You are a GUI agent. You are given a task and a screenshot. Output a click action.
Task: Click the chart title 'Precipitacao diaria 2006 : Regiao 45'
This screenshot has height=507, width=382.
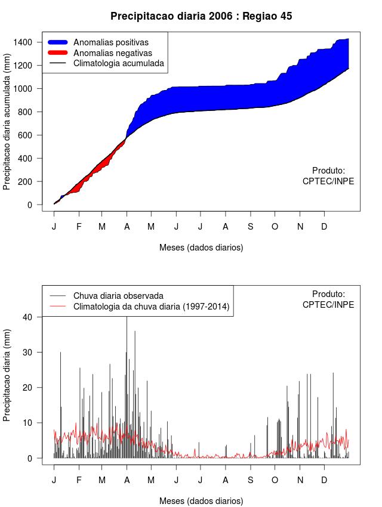tap(201, 16)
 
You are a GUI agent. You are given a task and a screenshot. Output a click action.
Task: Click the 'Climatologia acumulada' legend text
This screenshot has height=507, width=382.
tap(118, 63)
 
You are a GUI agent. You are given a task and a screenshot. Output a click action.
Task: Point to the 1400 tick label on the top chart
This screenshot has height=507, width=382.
tap(29, 42)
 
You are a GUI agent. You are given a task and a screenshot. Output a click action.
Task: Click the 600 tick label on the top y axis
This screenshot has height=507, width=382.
tap(31, 135)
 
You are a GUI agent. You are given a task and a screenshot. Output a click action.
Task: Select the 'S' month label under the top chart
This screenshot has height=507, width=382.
tap(251, 227)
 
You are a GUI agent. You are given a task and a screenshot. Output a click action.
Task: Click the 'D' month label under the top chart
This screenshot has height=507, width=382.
tap(324, 227)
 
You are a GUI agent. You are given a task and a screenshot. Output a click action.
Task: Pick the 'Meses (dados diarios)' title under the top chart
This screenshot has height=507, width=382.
tap(201, 247)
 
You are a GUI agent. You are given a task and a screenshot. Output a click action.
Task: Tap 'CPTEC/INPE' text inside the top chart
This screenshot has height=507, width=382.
tap(328, 181)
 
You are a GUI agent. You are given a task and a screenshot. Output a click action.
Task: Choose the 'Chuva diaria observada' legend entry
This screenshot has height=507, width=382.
tap(118, 296)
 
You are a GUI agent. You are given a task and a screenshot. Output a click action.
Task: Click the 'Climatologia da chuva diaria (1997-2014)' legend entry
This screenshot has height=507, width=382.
tap(151, 307)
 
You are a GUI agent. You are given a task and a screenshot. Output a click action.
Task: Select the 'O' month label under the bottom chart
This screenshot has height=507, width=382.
tap(275, 480)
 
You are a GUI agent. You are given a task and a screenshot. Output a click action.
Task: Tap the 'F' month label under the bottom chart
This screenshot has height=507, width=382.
tap(79, 480)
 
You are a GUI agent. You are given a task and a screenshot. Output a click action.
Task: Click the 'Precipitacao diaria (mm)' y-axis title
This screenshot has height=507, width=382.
tap(7, 375)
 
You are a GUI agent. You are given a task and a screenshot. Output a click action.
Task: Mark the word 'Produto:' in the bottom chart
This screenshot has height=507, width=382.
tap(328, 294)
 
